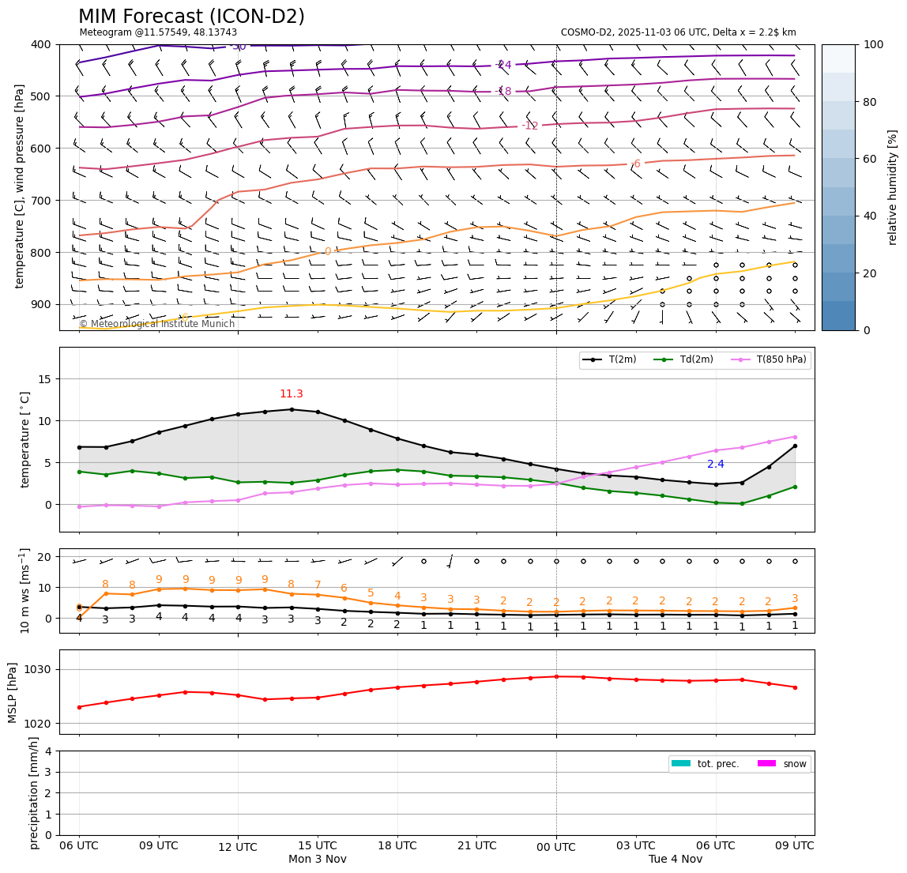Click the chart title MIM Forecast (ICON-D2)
point(191,17)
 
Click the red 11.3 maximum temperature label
point(291,394)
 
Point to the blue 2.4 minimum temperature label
point(716,465)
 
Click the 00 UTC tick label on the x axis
point(556,846)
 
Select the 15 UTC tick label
point(318,846)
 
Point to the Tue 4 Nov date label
point(676,860)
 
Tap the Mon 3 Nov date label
point(318,860)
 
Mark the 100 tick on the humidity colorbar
point(874,44)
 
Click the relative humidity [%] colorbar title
point(893,187)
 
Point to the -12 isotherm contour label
point(529,126)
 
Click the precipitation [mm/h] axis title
point(34,792)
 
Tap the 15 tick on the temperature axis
point(46,379)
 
